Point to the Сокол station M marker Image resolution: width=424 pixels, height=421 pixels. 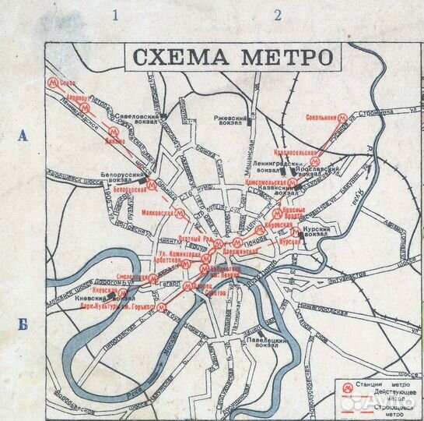(x=53, y=81)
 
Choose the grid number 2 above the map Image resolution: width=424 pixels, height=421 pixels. (x=277, y=14)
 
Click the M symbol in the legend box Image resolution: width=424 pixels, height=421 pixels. (x=345, y=384)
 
